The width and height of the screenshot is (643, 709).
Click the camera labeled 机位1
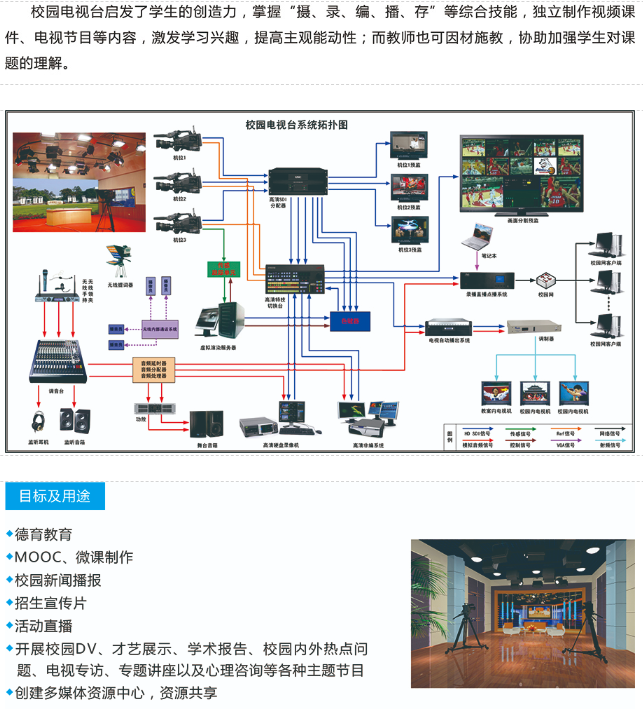(x=177, y=139)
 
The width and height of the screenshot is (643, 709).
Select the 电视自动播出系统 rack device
(x=449, y=326)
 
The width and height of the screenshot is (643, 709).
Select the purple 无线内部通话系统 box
(x=160, y=328)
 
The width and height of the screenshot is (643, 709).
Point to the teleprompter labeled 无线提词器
(x=119, y=261)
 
